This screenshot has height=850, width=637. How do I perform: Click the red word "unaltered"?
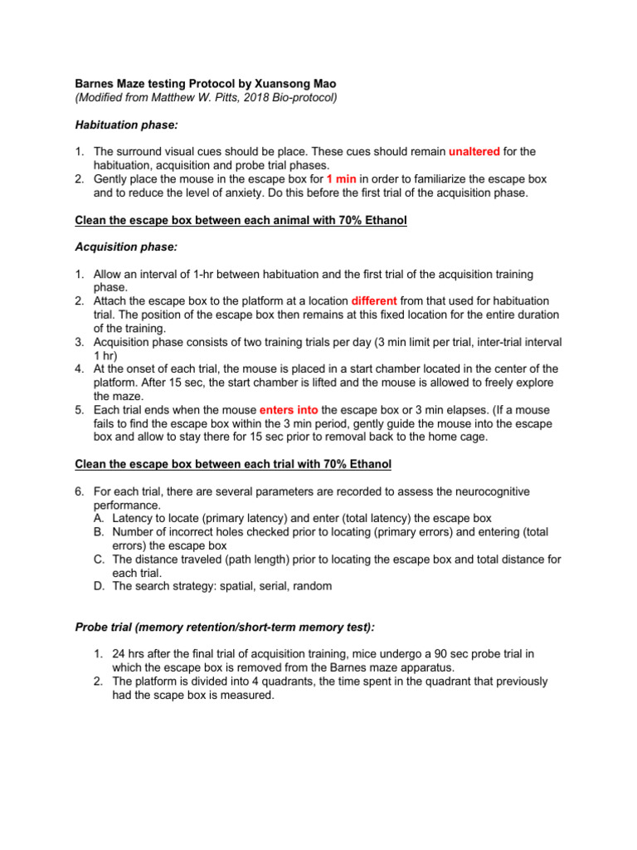pyautogui.click(x=474, y=152)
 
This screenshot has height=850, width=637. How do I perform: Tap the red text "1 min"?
pyautogui.click(x=342, y=178)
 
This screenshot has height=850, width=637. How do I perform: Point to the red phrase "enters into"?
pyautogui.click(x=289, y=410)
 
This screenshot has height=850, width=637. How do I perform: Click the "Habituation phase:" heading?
pyautogui.click(x=126, y=125)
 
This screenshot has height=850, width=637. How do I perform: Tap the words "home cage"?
pyautogui.click(x=463, y=437)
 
